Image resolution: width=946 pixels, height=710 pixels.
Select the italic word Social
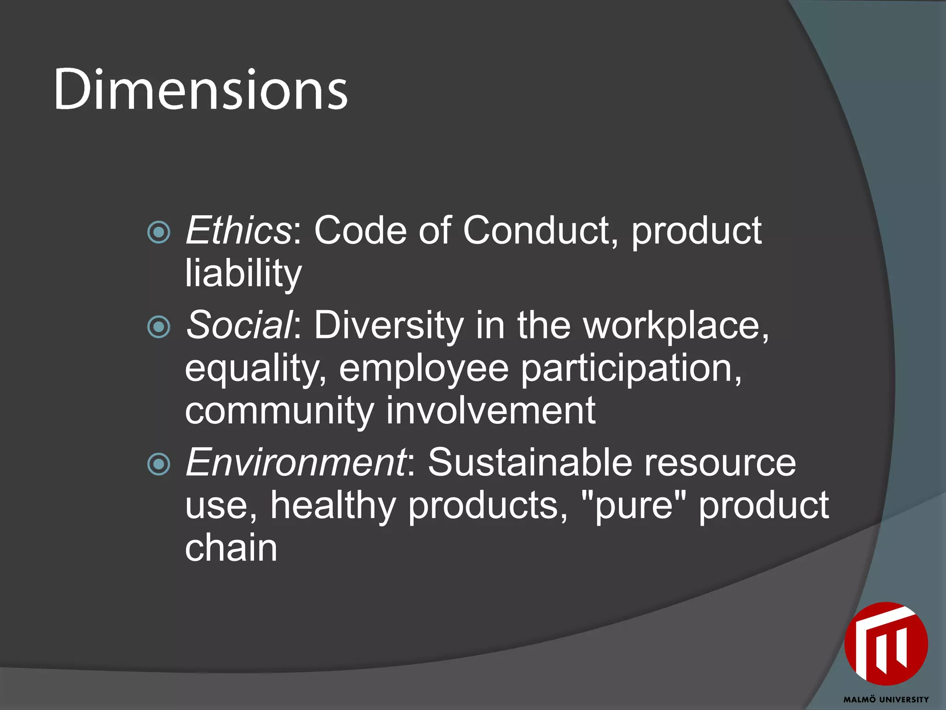(x=239, y=325)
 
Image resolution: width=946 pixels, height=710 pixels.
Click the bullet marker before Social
(x=159, y=327)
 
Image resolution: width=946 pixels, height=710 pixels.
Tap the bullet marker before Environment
(x=159, y=464)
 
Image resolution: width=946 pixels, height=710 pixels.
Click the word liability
(x=243, y=273)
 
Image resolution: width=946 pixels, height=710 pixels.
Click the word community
(x=279, y=410)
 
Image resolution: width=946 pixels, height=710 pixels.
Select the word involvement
(x=491, y=410)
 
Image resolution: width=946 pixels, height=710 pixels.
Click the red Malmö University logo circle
(x=886, y=644)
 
